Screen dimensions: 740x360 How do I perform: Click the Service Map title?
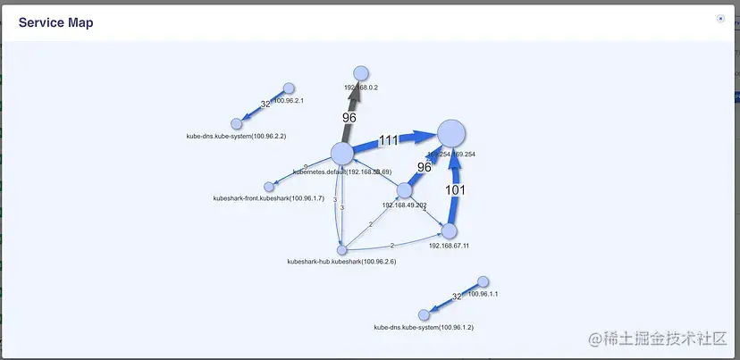55,22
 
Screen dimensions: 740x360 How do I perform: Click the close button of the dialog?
720,19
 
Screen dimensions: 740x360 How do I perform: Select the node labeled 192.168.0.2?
361,73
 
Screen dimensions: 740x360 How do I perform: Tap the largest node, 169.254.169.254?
451,134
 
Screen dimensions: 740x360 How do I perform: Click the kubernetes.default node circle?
342,153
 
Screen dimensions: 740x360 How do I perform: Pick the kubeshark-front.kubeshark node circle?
269,186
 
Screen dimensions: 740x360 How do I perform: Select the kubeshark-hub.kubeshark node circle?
341,250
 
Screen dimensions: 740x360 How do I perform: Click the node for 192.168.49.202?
404,190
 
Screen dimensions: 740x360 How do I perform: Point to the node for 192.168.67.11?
450,231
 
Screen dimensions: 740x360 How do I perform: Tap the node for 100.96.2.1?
289,88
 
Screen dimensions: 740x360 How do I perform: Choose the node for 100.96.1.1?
483,282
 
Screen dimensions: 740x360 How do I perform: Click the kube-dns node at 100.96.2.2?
237,124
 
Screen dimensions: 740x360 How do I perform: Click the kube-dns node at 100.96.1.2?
425,314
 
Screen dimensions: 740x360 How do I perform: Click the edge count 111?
388,140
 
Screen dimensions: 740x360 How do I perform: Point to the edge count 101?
456,190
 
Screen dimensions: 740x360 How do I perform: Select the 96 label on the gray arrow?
349,117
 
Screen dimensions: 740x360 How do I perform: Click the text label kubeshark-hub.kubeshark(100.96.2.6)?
341,262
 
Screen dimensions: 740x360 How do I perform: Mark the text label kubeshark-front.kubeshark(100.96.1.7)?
256,197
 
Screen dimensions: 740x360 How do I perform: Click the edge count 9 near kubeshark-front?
306,167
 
